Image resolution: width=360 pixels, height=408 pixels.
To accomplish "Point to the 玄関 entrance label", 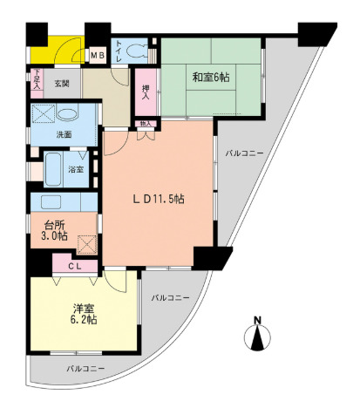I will pyautogui.click(x=61, y=84).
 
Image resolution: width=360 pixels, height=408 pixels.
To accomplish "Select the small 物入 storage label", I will pyautogui.click(x=145, y=124).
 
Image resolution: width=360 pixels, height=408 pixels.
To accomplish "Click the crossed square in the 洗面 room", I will pyautogui.click(x=42, y=114).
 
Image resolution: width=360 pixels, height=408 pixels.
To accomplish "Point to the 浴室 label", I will pyautogui.click(x=77, y=169).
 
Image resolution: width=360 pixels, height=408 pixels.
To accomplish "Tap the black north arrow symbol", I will pyautogui.click(x=258, y=338).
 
